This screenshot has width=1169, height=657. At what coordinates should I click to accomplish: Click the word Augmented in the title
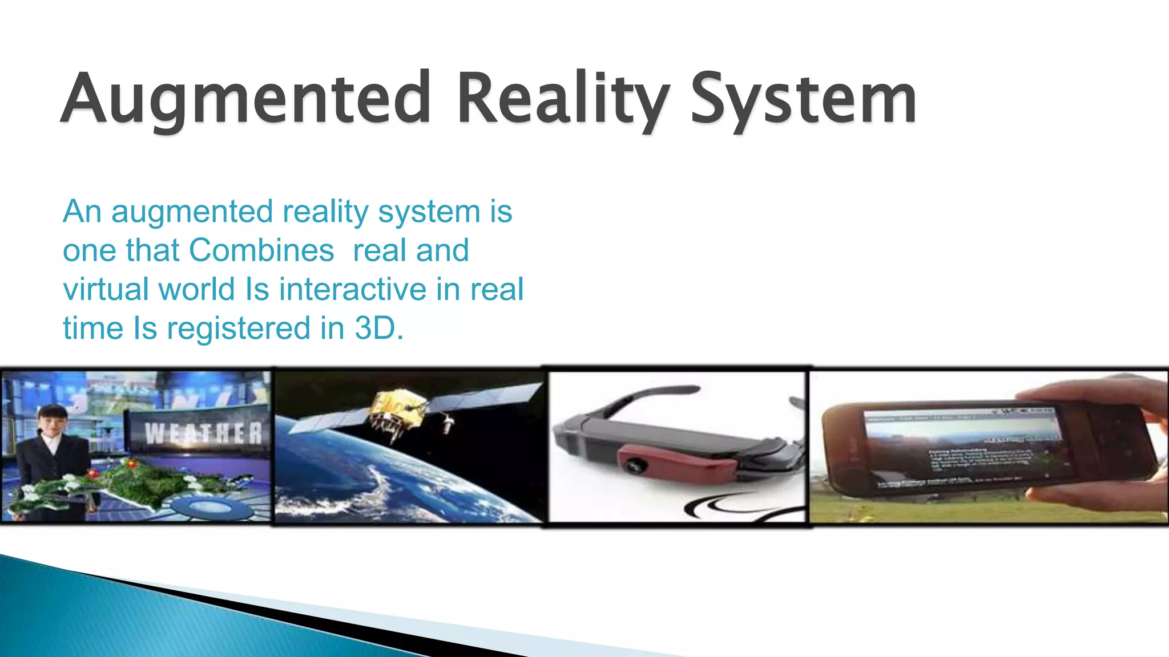coord(245,98)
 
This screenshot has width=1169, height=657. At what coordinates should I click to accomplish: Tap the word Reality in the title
coord(562,98)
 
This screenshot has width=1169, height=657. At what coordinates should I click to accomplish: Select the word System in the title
coord(803,98)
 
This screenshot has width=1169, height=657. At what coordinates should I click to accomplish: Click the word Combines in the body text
coord(261,250)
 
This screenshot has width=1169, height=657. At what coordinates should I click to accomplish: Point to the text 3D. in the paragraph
coord(379,328)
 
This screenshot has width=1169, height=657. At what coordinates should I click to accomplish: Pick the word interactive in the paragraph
coord(353,289)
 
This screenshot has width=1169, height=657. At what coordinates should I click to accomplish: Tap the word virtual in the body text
coord(106,289)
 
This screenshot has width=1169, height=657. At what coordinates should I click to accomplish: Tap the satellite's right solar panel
coord(485,399)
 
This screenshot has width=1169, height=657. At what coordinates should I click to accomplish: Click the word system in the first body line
coord(429,212)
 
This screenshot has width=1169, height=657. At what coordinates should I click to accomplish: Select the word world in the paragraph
coord(196,289)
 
